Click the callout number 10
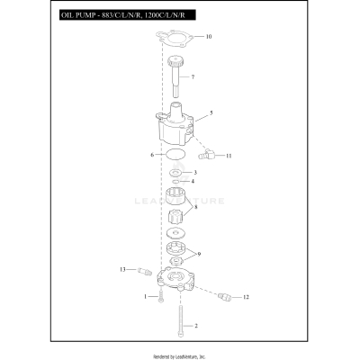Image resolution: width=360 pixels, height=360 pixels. (x=209, y=37)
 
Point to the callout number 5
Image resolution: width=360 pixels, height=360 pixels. (x=211, y=113)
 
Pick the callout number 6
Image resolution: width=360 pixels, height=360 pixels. (x=151, y=156)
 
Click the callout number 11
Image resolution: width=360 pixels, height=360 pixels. (x=229, y=156)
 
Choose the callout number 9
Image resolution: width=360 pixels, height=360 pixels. (x=199, y=255)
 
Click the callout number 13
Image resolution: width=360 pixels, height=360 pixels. (x=122, y=269)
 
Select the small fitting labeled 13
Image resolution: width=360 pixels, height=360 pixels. (x=141, y=269)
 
